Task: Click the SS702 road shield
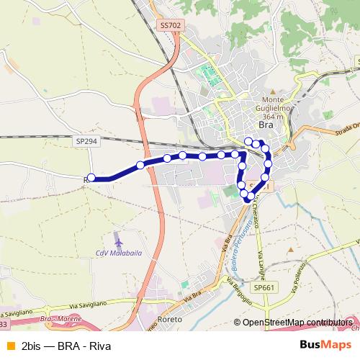tap(170, 24)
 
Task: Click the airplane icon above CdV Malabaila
tap(119, 238)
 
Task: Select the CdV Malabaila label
tap(119, 253)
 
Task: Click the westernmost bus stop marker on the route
tap(91, 178)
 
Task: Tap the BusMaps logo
tap(326, 346)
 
